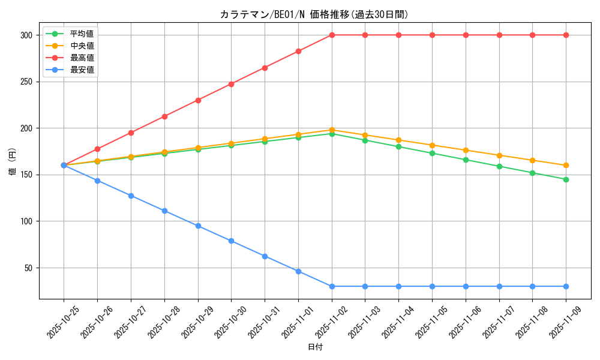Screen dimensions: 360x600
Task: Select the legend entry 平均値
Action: [82, 34]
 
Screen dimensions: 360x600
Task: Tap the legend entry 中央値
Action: [82, 46]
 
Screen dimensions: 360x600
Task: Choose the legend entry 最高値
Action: [82, 58]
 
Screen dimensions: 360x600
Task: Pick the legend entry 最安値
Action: [82, 70]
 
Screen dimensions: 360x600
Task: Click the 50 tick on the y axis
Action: [28, 268]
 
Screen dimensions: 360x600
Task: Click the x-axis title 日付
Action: [315, 347]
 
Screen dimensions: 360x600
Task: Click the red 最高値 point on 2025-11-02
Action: [332, 35]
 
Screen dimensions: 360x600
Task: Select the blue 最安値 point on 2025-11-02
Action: [332, 286]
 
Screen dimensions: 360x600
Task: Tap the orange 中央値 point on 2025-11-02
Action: [332, 130]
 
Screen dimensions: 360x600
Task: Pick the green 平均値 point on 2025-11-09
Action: [566, 179]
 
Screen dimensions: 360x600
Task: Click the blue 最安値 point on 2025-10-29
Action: [198, 226]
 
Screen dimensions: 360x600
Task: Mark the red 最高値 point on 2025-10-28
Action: [164, 116]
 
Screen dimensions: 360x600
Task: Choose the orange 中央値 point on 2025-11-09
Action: [566, 166]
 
